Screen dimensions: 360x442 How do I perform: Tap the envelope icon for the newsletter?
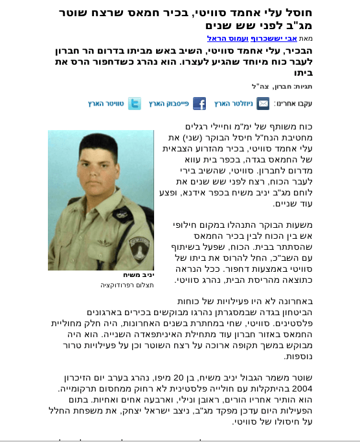tap(263, 104)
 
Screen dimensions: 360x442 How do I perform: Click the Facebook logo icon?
tap(199, 104)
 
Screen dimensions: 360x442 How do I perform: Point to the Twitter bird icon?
tap(134, 104)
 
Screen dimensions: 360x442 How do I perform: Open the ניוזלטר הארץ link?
tap(233, 104)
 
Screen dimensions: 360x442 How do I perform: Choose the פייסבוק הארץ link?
tap(168, 104)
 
